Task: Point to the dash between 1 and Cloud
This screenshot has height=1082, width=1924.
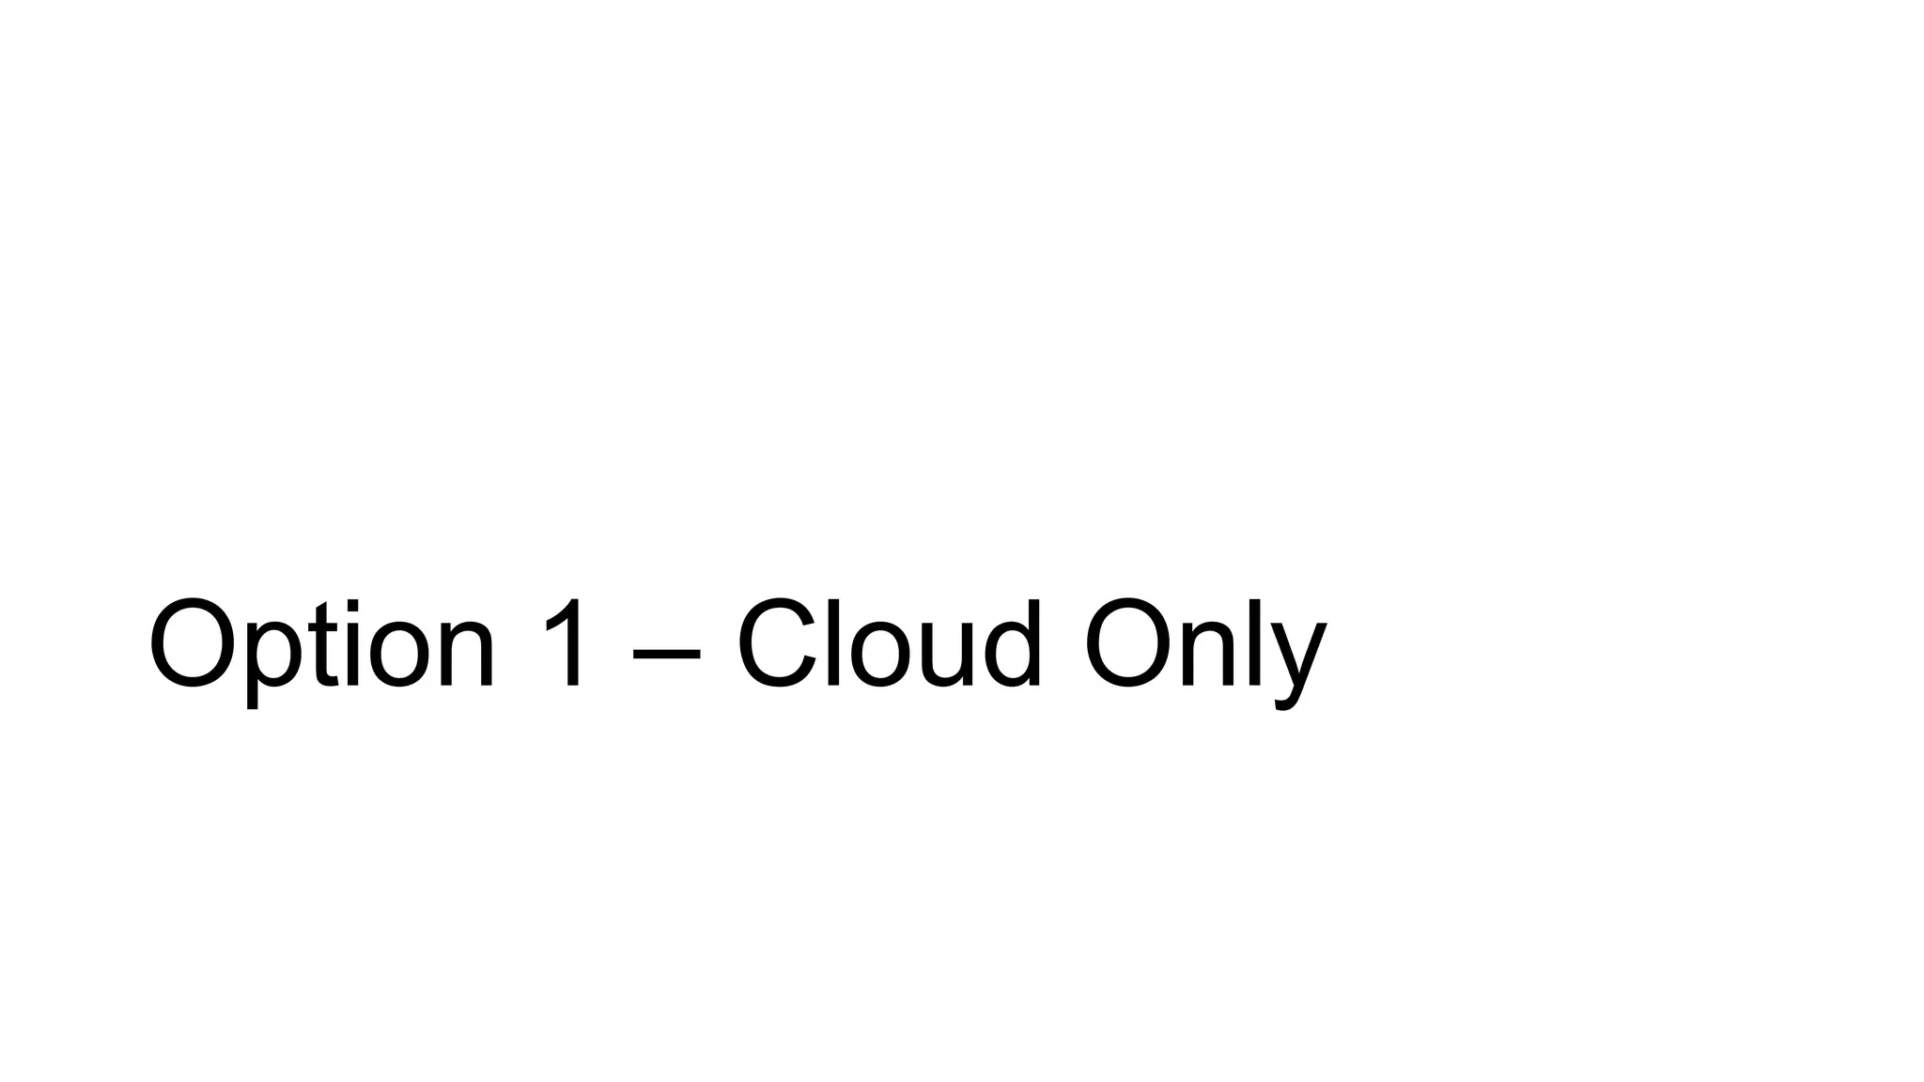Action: point(667,649)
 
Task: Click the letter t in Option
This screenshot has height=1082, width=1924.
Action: point(325,646)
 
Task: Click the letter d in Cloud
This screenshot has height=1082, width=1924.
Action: point(1009,646)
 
